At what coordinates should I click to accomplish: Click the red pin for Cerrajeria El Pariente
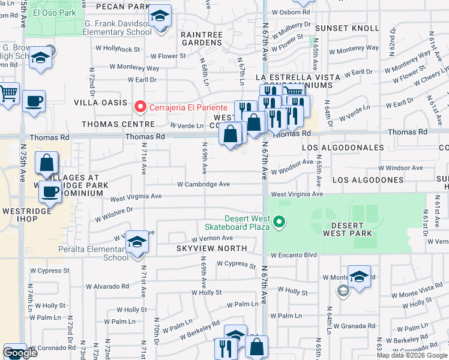click(x=140, y=107)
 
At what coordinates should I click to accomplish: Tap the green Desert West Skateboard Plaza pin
click(x=279, y=223)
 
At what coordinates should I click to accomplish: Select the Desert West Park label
click(x=347, y=229)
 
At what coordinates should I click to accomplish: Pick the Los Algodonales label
click(x=343, y=147)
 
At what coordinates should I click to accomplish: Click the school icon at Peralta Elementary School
click(x=137, y=241)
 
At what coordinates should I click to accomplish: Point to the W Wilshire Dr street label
click(x=113, y=211)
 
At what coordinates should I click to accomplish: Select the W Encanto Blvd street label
click(x=294, y=255)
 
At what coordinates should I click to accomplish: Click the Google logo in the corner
click(x=20, y=353)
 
